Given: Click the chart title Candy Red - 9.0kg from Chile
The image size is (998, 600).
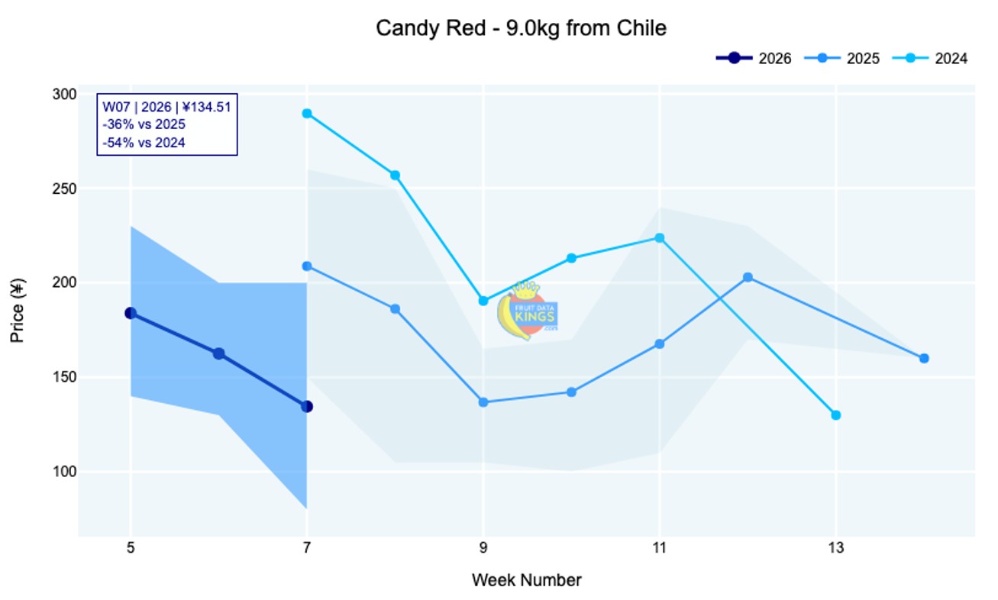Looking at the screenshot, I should point(521,29).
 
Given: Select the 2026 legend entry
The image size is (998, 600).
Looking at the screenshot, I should point(754,58).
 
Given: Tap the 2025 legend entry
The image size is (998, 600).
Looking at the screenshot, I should point(843,58).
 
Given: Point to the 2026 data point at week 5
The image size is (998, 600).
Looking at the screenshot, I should point(131,313).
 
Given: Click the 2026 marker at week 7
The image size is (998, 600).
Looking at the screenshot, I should point(307,406).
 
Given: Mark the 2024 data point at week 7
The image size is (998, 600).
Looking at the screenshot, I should point(307,113).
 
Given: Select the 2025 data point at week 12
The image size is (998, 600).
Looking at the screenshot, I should point(748,277).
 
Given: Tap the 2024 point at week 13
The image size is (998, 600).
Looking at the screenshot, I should point(836,415).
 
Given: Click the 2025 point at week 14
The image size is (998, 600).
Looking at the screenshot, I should point(924,358).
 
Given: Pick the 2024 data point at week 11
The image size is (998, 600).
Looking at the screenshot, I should point(660,237).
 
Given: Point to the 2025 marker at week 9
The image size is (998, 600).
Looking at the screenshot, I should point(483,402).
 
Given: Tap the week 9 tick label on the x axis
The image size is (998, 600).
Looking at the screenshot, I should point(483,547).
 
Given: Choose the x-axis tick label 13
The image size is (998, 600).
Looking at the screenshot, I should point(836,547).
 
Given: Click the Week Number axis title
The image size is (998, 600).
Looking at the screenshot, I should point(526,580).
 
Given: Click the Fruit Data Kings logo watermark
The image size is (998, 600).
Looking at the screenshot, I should point(527,311).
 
